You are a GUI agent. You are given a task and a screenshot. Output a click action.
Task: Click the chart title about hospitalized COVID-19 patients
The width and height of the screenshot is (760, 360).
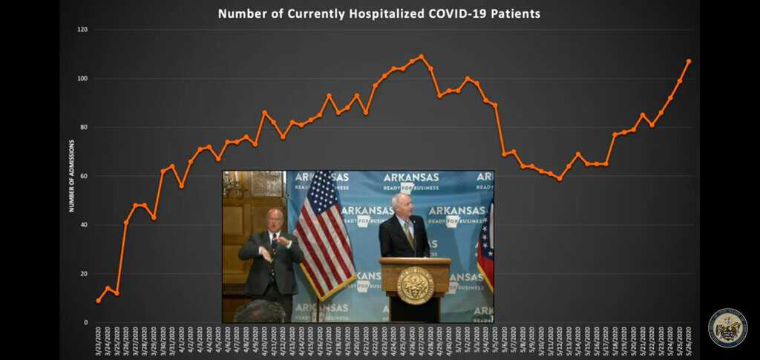[x=379, y=13]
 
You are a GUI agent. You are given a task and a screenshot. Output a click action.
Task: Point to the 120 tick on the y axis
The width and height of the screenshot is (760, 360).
[x=82, y=30]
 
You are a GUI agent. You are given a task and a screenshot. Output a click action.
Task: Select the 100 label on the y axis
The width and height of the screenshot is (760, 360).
[x=82, y=79]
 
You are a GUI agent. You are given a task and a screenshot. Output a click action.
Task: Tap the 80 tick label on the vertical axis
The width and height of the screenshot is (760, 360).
[x=83, y=128]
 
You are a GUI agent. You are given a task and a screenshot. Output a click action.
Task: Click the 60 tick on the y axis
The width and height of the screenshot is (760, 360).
[x=83, y=176]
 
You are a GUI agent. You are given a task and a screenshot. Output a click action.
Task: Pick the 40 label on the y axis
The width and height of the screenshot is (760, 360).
[x=83, y=225]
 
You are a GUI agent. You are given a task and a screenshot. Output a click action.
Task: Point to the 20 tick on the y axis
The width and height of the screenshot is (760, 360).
[x=83, y=274]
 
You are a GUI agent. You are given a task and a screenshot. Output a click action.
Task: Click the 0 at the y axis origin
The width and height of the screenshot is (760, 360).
[x=85, y=322]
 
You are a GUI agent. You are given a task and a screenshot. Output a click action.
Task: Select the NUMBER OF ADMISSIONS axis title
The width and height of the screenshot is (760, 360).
[x=72, y=176]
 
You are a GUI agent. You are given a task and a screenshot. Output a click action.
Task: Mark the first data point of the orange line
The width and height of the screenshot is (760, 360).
[x=98, y=301]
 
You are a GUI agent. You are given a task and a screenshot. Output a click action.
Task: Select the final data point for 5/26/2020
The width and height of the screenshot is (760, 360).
[x=689, y=61]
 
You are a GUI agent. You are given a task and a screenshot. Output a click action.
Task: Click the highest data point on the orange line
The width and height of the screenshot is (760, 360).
[x=422, y=56]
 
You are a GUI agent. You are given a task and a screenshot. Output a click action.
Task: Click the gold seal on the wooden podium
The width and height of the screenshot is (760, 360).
[x=415, y=285]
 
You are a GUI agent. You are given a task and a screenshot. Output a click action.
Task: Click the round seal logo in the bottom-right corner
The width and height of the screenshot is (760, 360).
[x=727, y=327]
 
